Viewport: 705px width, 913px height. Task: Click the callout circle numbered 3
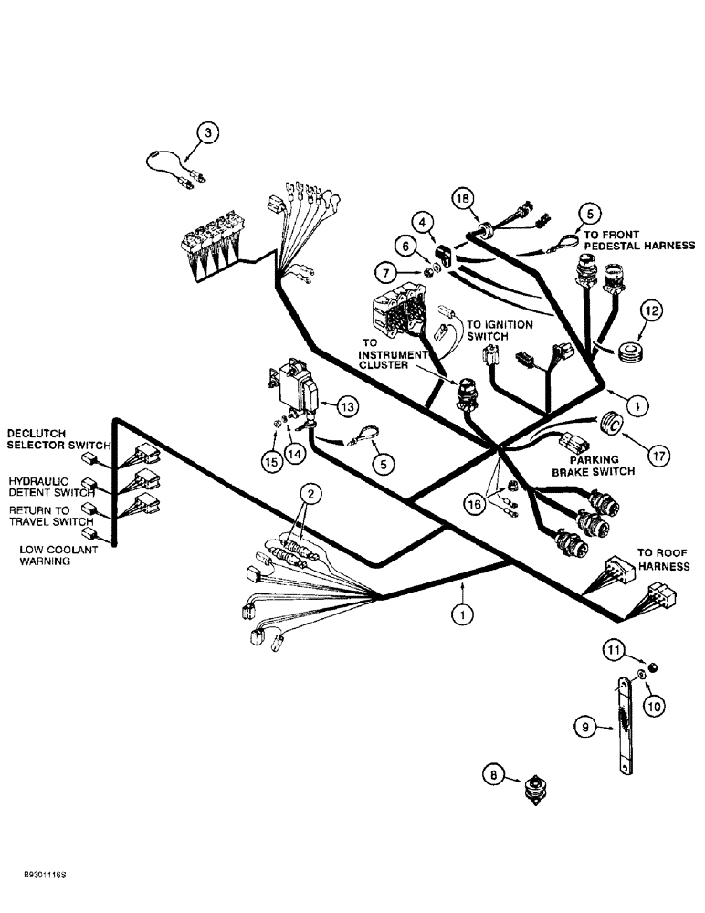(x=209, y=134)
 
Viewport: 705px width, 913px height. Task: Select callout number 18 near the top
(x=463, y=200)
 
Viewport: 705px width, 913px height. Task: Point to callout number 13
(x=349, y=404)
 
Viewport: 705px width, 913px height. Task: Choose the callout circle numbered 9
(x=585, y=728)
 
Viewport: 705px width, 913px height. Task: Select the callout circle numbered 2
(x=311, y=495)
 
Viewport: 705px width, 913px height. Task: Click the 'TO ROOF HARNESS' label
(x=663, y=560)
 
